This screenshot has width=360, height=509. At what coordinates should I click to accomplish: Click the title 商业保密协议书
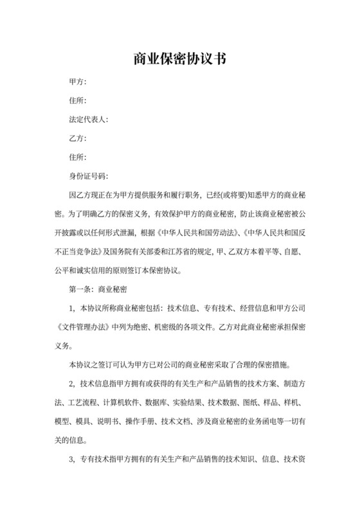tap(179, 59)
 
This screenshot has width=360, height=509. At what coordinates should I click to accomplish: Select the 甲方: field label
tap(78, 82)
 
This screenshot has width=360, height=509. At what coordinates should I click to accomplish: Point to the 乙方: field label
tap(78, 138)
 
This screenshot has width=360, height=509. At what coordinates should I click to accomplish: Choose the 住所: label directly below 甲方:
tap(78, 101)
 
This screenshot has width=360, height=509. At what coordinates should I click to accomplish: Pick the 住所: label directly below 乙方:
tap(78, 157)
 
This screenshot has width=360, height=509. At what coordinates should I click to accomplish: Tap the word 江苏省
tap(185, 251)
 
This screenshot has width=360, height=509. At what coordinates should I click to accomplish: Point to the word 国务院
tap(129, 251)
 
